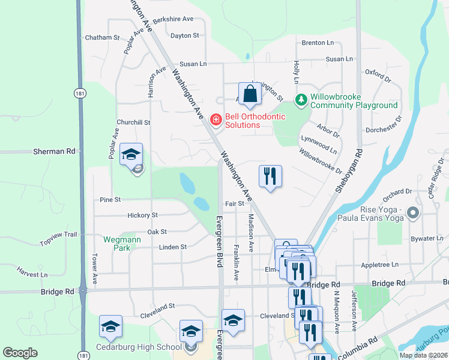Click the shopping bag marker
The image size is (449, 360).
coord(250,94)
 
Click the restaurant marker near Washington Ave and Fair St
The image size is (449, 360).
coord(270,176)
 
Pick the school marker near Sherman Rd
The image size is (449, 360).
coord(131,155)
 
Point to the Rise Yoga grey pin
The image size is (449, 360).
coord(412,213)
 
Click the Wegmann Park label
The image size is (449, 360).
coord(117,243)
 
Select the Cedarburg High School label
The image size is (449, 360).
coord(139,347)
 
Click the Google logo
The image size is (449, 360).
coord(20,353)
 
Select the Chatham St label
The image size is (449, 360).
coord(103,37)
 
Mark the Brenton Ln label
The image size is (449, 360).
coord(318,43)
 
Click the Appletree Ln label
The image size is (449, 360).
coord(380,265)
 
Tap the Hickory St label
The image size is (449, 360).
coord(142,215)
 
